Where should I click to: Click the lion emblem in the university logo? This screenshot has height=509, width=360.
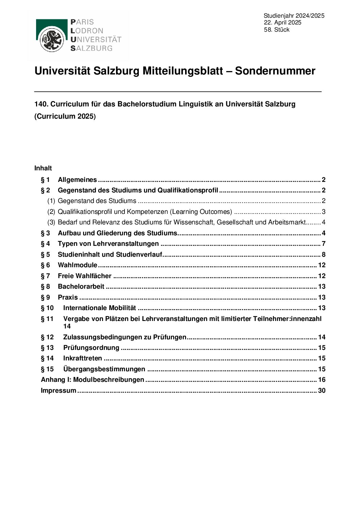click(52, 39)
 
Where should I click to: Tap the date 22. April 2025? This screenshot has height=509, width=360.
click(282, 23)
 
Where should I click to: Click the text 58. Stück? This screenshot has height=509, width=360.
click(276, 30)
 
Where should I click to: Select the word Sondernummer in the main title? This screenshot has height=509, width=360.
click(275, 71)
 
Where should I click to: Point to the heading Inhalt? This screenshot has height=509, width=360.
click(43, 168)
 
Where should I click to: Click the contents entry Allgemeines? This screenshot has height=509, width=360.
click(77, 180)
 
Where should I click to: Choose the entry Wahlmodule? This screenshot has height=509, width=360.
click(77, 265)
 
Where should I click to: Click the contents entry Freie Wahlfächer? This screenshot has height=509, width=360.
click(84, 276)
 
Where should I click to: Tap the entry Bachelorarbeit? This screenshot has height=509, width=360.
click(81, 287)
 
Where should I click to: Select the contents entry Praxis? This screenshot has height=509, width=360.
click(68, 297)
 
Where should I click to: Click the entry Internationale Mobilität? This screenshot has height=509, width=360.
click(99, 308)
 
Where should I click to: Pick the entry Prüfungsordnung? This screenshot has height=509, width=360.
click(91, 348)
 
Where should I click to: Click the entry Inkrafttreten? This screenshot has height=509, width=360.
click(82, 358)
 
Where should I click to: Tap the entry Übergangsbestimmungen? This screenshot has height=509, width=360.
click(104, 369)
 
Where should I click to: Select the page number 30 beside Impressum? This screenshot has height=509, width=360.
click(322, 391)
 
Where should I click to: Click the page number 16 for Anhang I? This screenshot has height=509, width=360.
click(322, 380)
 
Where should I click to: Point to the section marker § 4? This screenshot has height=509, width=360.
click(45, 244)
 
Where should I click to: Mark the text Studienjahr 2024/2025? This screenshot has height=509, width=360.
click(294, 16)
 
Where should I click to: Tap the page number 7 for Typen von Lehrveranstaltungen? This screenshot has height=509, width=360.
click(324, 244)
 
